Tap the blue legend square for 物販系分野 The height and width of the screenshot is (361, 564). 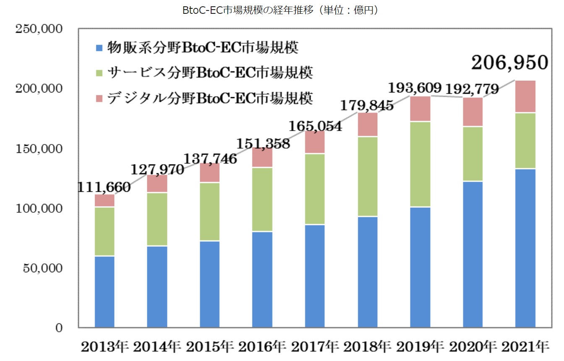[99, 48]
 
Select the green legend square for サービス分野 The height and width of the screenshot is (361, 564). [99, 73]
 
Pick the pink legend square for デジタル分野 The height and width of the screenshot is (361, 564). [99, 98]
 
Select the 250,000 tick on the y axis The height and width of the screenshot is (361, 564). [39, 29]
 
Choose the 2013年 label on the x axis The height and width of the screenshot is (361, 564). [105, 347]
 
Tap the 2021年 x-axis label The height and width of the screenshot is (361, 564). [525, 347]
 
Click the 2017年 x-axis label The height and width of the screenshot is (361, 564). [315, 347]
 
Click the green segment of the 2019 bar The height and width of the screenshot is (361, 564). [420, 164]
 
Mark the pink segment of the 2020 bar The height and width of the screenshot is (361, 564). [473, 112]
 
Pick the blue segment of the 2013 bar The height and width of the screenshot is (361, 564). [105, 291]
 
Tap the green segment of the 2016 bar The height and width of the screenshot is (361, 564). [262, 199]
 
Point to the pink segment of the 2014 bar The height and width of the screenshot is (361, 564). [157, 183]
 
